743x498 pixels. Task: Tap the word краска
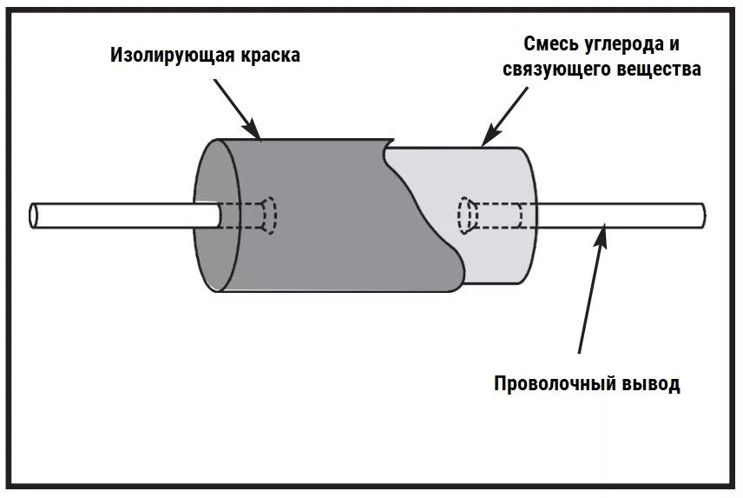click(x=268, y=56)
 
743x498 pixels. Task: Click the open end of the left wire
click(x=34, y=216)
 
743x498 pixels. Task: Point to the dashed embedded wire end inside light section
click(x=465, y=215)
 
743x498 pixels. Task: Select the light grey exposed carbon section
click(x=495, y=252)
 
